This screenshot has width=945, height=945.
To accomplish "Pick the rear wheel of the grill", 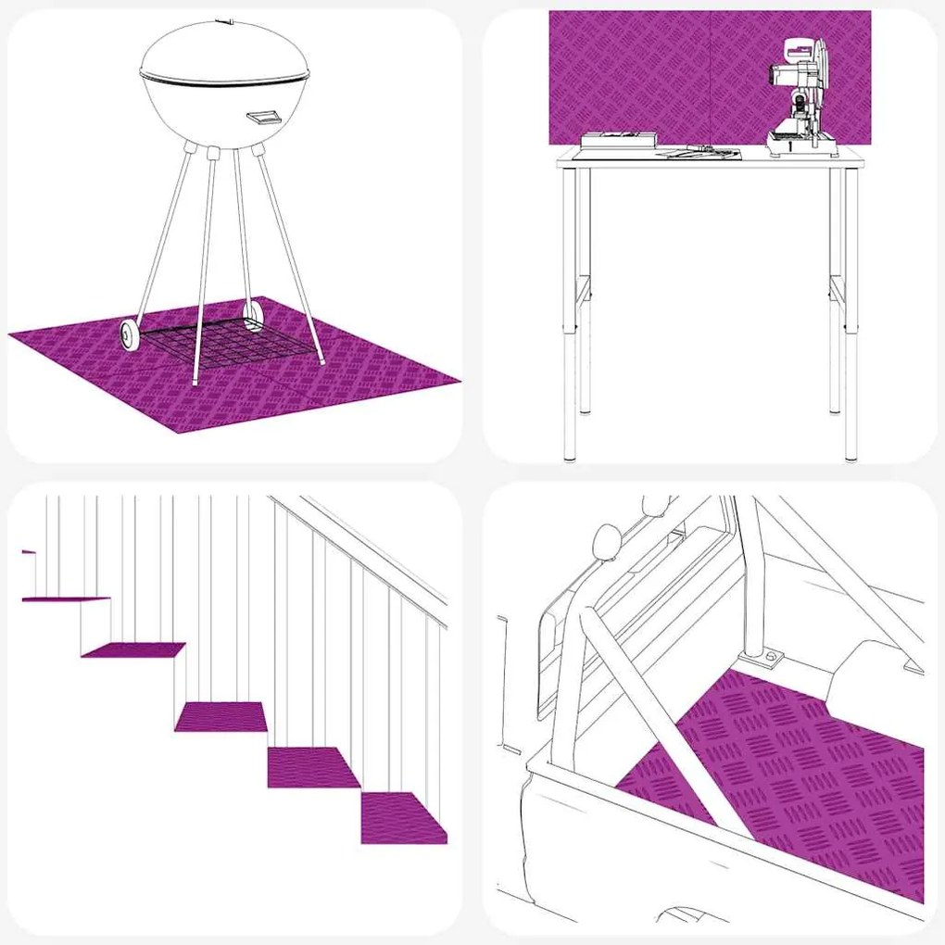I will pyautogui.click(x=251, y=317).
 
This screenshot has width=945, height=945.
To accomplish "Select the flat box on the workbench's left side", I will pyautogui.click(x=619, y=140).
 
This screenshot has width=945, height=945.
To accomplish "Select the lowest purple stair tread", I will pyautogui.click(x=403, y=817).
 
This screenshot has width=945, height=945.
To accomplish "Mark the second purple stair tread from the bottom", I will pyautogui.click(x=312, y=766).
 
